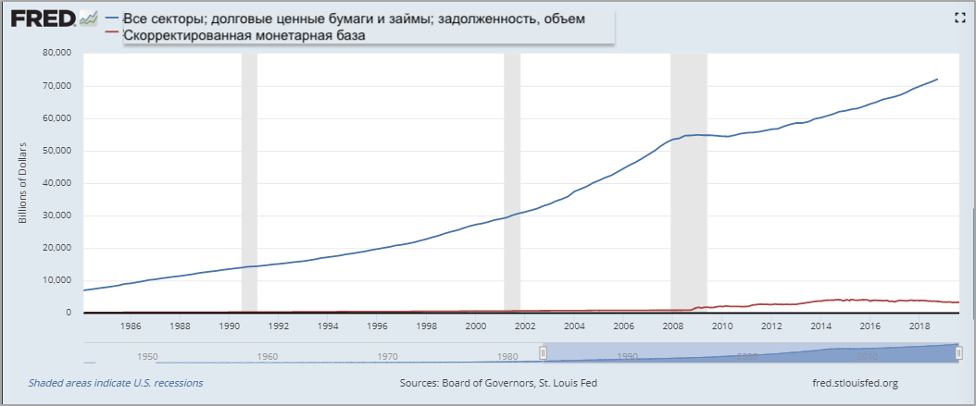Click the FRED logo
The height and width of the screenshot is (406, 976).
coord(42,19)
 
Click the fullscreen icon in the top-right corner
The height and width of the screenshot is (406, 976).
coord(960,18)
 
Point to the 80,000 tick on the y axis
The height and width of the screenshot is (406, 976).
coord(57,53)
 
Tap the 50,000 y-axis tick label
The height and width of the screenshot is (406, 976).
coord(57,151)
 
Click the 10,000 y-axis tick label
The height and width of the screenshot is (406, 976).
coord(57,280)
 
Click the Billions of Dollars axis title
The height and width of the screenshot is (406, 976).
coord(23,183)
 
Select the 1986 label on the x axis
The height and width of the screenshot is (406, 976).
coord(131,326)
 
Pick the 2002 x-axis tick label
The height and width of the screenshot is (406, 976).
coord(524,326)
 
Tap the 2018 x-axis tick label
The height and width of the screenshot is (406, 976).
coord(919,326)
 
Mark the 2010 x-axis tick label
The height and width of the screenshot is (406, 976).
coord(721,326)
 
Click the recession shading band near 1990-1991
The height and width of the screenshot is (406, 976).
coord(249,185)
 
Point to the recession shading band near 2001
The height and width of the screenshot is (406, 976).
coord(512,185)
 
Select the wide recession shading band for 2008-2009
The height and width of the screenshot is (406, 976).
coord(688,185)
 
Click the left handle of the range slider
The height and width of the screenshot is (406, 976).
coord(544,352)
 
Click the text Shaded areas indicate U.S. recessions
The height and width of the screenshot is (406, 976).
coord(116,383)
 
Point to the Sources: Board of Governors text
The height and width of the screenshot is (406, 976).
coord(487,383)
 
